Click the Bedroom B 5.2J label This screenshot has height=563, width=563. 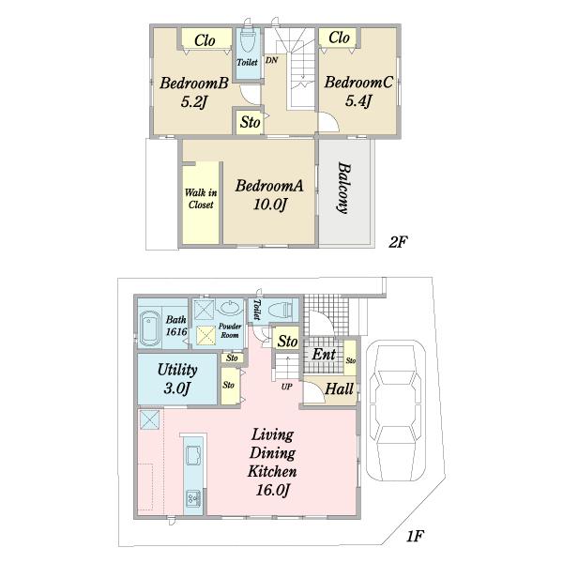pos(194,92)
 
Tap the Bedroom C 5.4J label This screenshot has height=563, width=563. pos(358,91)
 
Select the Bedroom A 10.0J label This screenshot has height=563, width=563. pos(269,195)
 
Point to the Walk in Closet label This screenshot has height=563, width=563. pos(201,199)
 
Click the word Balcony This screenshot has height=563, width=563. pos(344,189)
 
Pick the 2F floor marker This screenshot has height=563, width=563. pos(398,242)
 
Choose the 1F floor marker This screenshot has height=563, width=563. pos(415,536)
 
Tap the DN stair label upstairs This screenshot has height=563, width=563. pos(271,60)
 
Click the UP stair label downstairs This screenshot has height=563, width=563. pos(286,387)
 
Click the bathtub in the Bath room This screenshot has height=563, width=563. pos(150,328)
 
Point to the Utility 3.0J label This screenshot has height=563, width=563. pos(177,379)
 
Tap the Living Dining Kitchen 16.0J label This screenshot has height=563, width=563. pos(272,462)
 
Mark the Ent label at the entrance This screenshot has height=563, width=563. pos(324,355)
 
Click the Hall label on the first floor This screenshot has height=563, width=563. pos(340,388)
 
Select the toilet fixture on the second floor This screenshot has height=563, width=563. pos(247,40)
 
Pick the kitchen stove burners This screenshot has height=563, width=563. pos(194,497)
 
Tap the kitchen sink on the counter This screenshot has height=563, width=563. pos(194,456)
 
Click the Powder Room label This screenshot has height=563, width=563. pos(230,330)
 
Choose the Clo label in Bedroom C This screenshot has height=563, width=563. pos(339,37)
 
